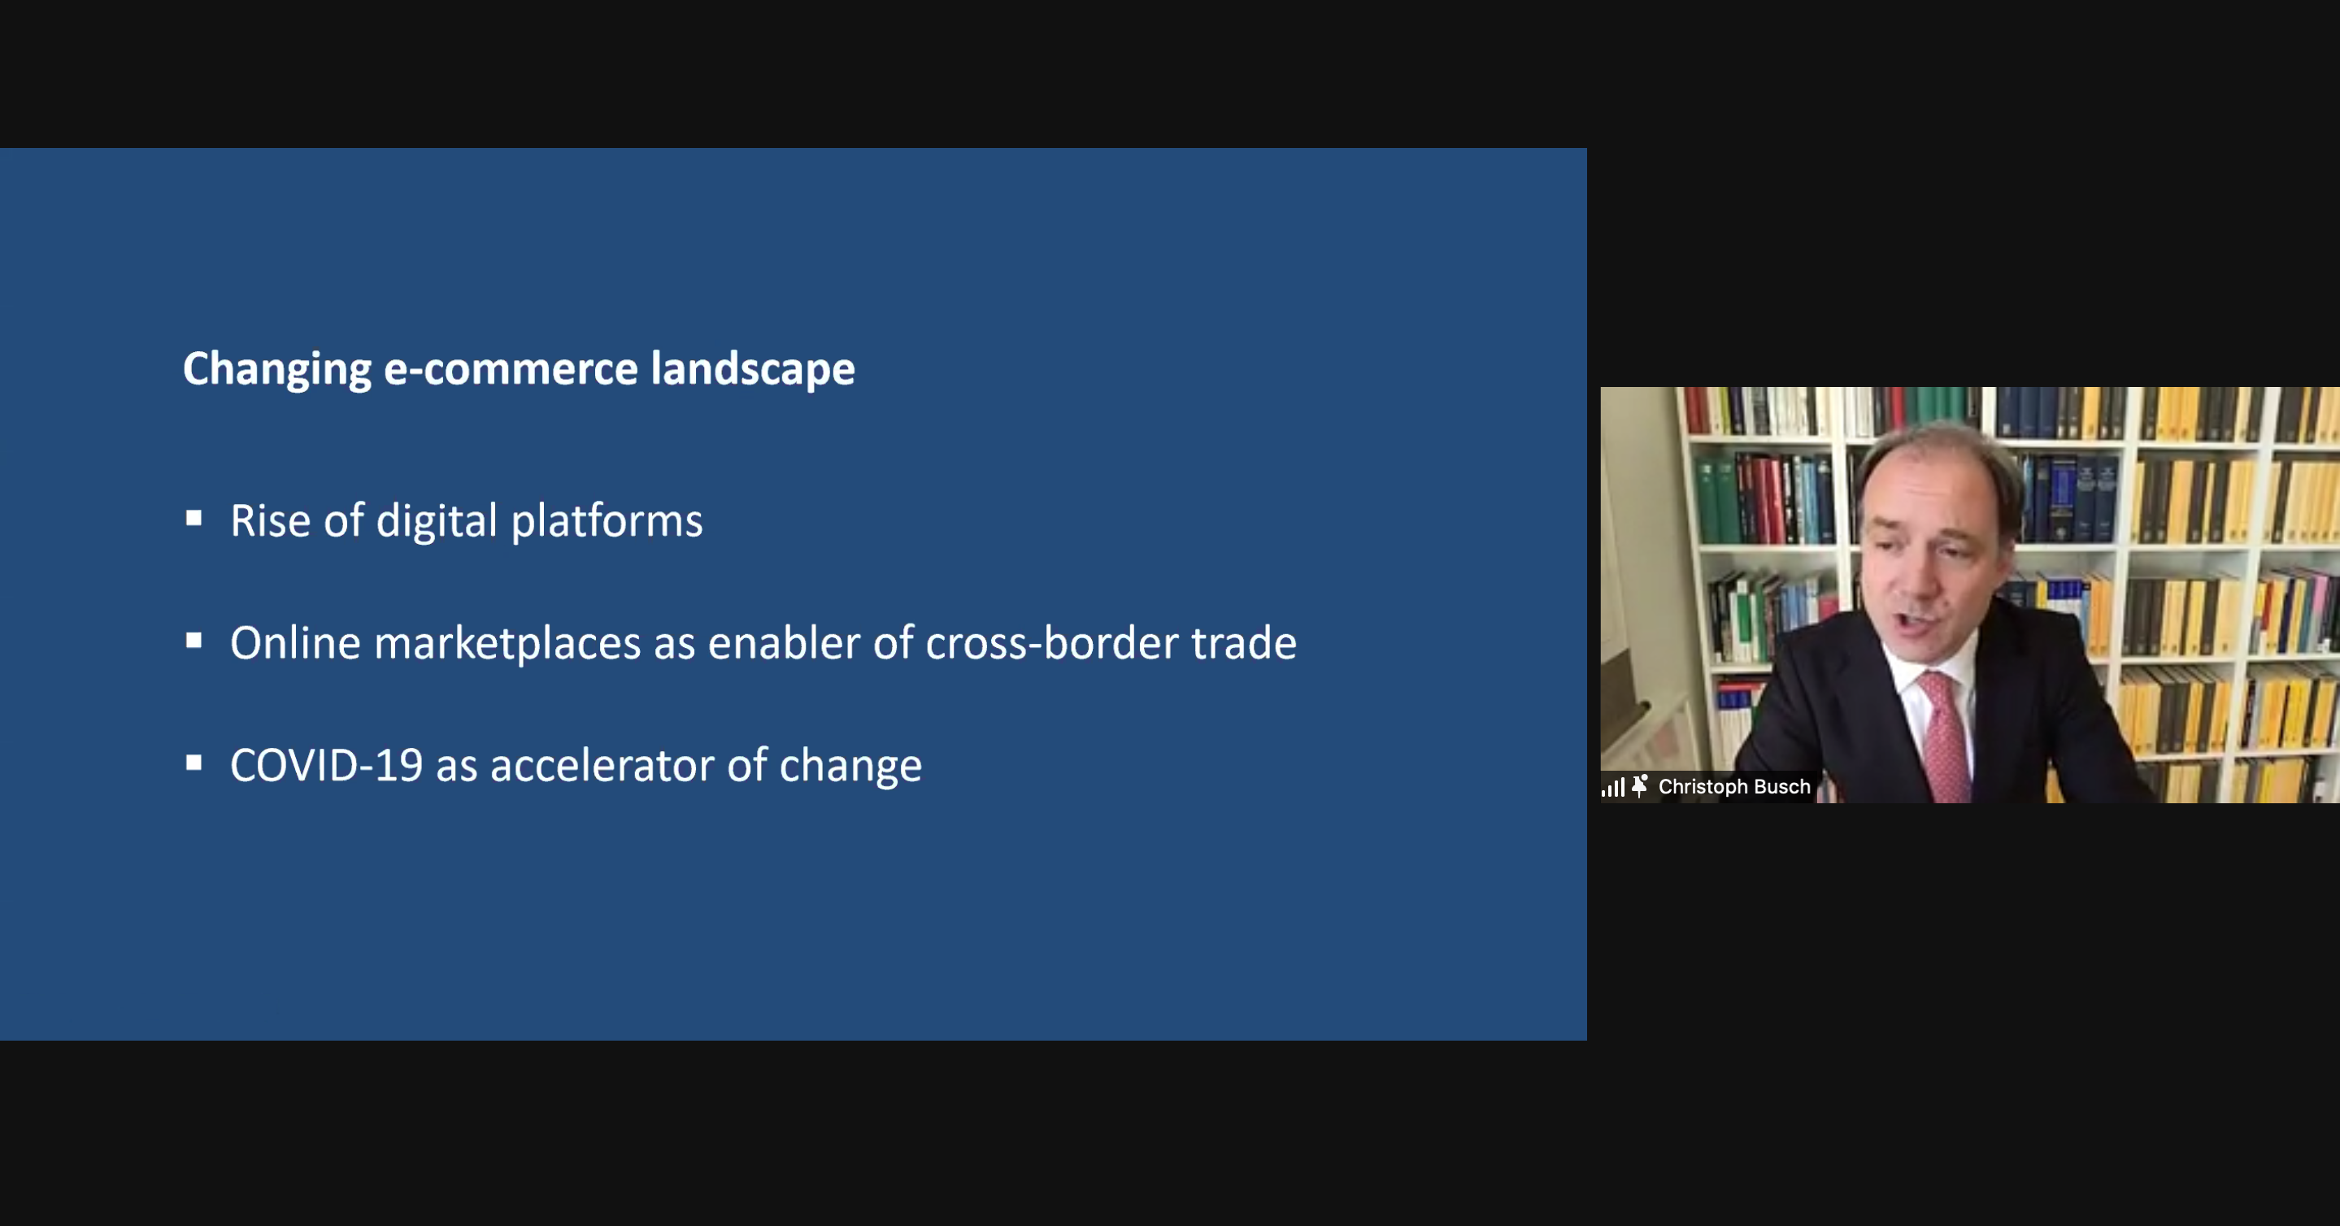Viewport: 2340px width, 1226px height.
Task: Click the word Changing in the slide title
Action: [277, 370]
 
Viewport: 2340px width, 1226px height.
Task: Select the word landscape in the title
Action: [753, 370]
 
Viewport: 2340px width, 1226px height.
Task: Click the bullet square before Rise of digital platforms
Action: [194, 518]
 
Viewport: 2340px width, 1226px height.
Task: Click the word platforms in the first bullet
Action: [607, 521]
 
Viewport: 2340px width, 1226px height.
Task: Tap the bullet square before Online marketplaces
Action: [194, 641]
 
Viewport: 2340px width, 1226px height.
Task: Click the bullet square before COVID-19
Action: [194, 763]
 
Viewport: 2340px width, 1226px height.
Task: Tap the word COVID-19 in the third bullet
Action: [326, 766]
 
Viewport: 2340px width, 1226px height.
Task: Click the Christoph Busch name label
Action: [1734, 786]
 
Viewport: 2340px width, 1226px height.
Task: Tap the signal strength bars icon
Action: [1612, 787]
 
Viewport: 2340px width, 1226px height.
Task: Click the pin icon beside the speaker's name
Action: [1640, 785]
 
